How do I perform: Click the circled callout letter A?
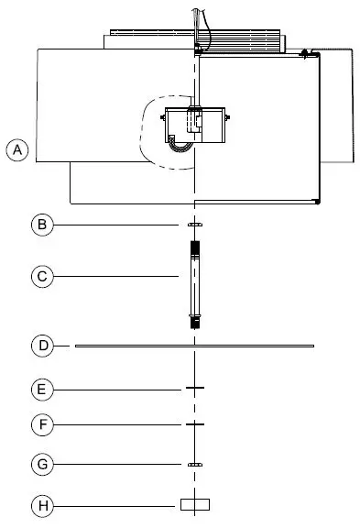pos(16,149)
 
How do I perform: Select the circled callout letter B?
pos(40,224)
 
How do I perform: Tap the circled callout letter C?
pos(40,276)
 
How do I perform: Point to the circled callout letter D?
pos(40,346)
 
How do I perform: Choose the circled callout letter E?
pos(40,389)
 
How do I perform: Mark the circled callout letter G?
pos(40,465)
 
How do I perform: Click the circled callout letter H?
pos(40,504)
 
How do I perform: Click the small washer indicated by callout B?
pos(194,224)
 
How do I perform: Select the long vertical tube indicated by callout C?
pos(194,284)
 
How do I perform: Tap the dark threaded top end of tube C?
pos(194,248)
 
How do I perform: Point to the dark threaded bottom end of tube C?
pos(194,322)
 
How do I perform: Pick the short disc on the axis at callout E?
pos(194,389)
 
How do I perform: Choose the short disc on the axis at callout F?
pos(194,424)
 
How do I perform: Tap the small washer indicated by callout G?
pos(194,465)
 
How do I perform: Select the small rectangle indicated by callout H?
pos(194,504)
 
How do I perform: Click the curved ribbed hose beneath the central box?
pos(181,145)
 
